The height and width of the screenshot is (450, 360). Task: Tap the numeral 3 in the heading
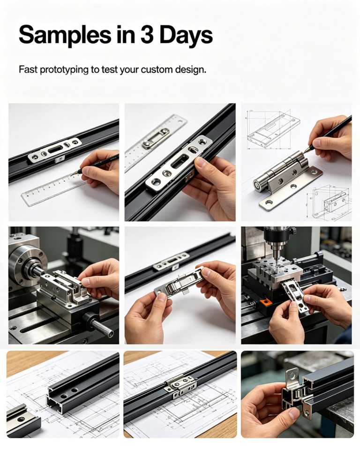(148, 35)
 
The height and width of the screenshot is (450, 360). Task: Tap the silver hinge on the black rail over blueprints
(180, 386)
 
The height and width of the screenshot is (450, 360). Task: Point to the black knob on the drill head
(292, 231)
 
